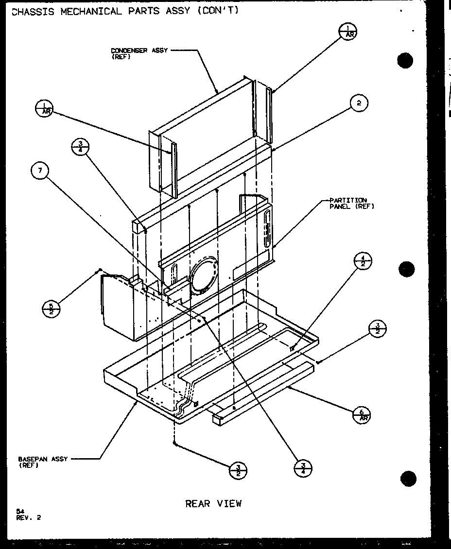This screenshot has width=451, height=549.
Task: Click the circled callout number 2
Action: coord(359,103)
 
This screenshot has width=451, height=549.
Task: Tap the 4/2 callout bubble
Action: coord(363,261)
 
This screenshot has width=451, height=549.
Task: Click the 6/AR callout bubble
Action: coord(361,415)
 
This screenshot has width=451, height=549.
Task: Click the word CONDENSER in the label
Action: coord(129,51)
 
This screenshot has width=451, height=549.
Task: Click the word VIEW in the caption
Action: coord(229,503)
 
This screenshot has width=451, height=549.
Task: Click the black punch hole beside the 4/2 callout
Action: coord(405,269)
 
